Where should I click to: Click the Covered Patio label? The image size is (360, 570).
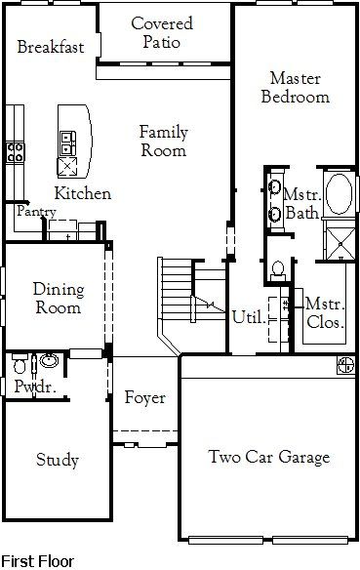tap(162, 32)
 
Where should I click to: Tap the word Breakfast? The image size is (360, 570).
tap(51, 47)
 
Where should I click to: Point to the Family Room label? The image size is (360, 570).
tap(163, 141)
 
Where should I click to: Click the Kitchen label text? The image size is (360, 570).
tap(82, 193)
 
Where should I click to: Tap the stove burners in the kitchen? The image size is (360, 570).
tap(16, 151)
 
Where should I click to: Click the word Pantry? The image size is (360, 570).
tap(35, 211)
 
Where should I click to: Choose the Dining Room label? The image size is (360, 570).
tap(59, 298)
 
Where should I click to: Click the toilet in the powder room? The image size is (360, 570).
tap(20, 365)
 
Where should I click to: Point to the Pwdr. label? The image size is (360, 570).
tap(27, 387)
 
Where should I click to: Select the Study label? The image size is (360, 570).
tap(58, 460)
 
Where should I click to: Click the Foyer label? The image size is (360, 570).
tap(144, 398)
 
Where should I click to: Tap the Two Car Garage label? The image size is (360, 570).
tap(269, 457)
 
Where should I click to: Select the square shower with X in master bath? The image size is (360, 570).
tap(340, 240)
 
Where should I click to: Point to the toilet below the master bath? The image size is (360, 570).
tap(277, 266)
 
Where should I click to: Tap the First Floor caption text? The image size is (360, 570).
tap(37, 561)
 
